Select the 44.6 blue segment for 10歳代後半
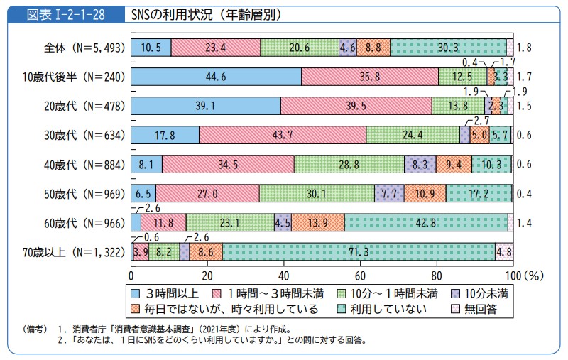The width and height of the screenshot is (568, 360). pyautogui.click(x=217, y=77)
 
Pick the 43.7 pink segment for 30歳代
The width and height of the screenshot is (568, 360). pyautogui.click(x=283, y=135)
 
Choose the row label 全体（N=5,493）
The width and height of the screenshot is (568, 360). pyautogui.click(x=84, y=48)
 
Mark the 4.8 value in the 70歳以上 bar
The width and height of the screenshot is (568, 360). pyautogui.click(x=503, y=252)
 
